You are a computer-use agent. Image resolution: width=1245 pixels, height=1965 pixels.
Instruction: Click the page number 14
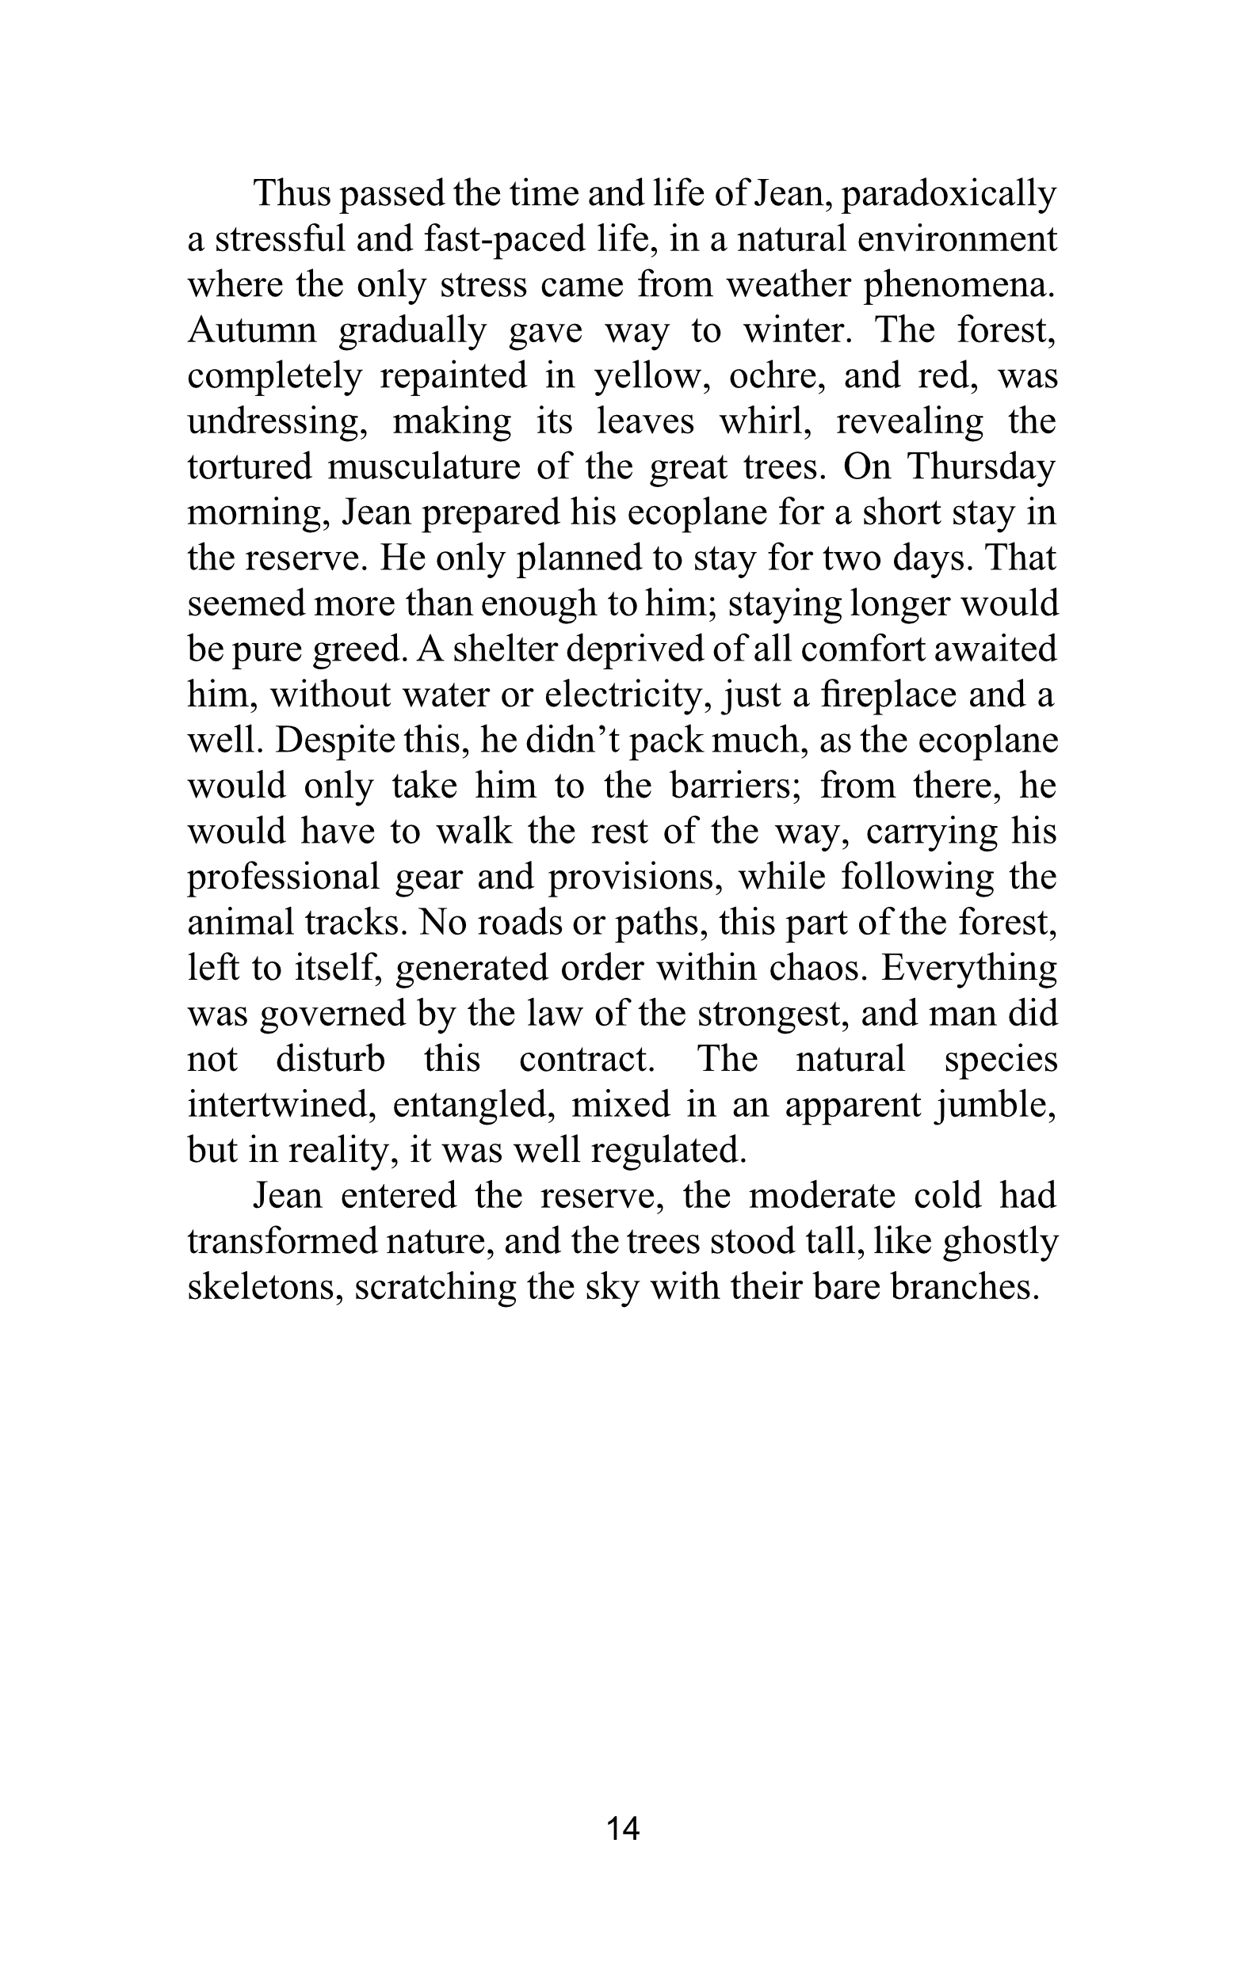(x=622, y=1829)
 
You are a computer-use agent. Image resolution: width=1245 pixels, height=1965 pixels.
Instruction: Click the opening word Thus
(x=294, y=194)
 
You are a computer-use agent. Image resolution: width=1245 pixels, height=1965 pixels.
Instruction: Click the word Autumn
(x=251, y=330)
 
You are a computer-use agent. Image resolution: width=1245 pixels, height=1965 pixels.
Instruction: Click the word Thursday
(x=981, y=466)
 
